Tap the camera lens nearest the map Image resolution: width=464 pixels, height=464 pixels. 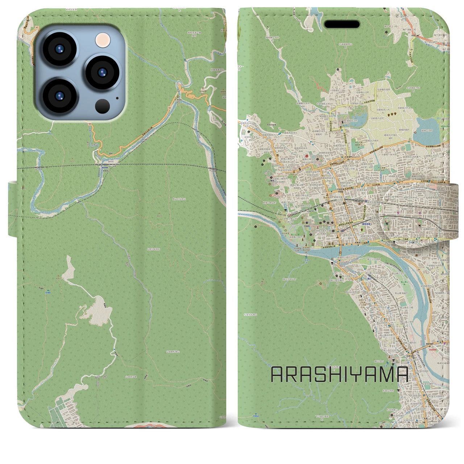103,71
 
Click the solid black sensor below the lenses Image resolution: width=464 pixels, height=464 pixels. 103,106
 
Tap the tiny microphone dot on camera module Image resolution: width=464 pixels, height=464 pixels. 117,98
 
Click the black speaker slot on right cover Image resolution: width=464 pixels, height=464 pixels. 342,24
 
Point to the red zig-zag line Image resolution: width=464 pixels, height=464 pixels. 319,86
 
